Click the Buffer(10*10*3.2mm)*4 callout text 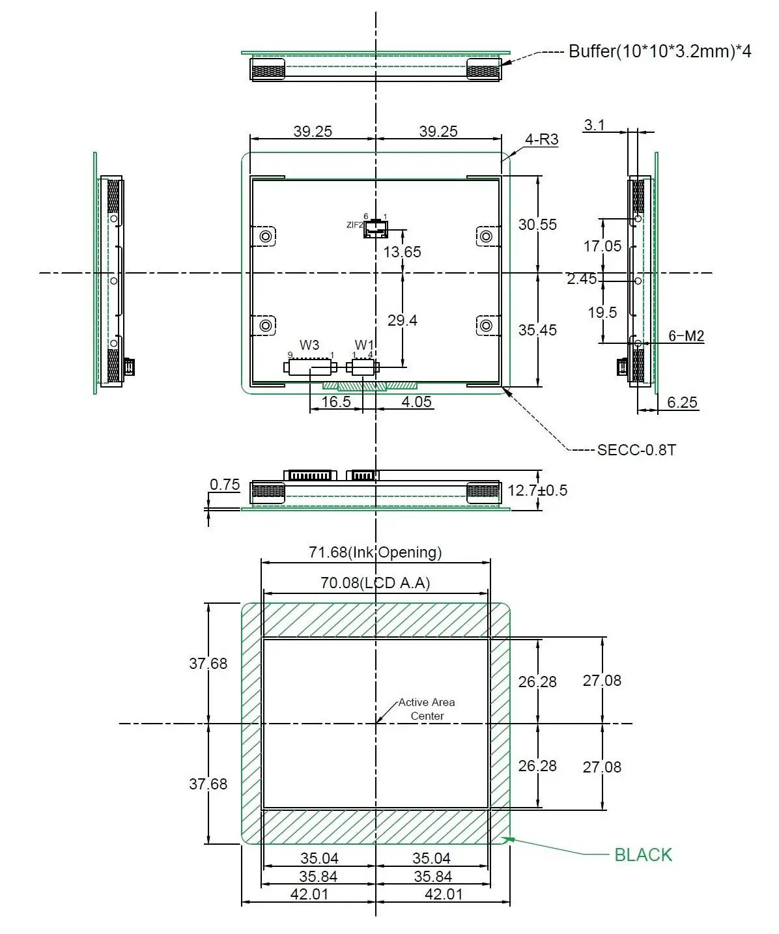point(659,51)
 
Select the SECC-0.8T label point(636,449)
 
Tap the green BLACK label point(643,855)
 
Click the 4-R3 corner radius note point(542,139)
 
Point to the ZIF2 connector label point(354,225)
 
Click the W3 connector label point(309,345)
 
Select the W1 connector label point(364,345)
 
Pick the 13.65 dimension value point(402,252)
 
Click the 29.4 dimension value point(402,320)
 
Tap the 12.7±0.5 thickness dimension point(537,490)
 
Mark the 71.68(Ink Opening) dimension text point(375,552)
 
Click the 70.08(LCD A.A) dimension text point(375,583)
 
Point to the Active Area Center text point(427,709)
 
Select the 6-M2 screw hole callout point(686,336)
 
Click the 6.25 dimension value point(682,403)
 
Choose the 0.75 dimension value point(225,485)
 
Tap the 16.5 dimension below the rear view point(336,402)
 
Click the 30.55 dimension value point(537,225)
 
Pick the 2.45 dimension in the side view point(582,279)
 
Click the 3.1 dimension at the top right point(594,125)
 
